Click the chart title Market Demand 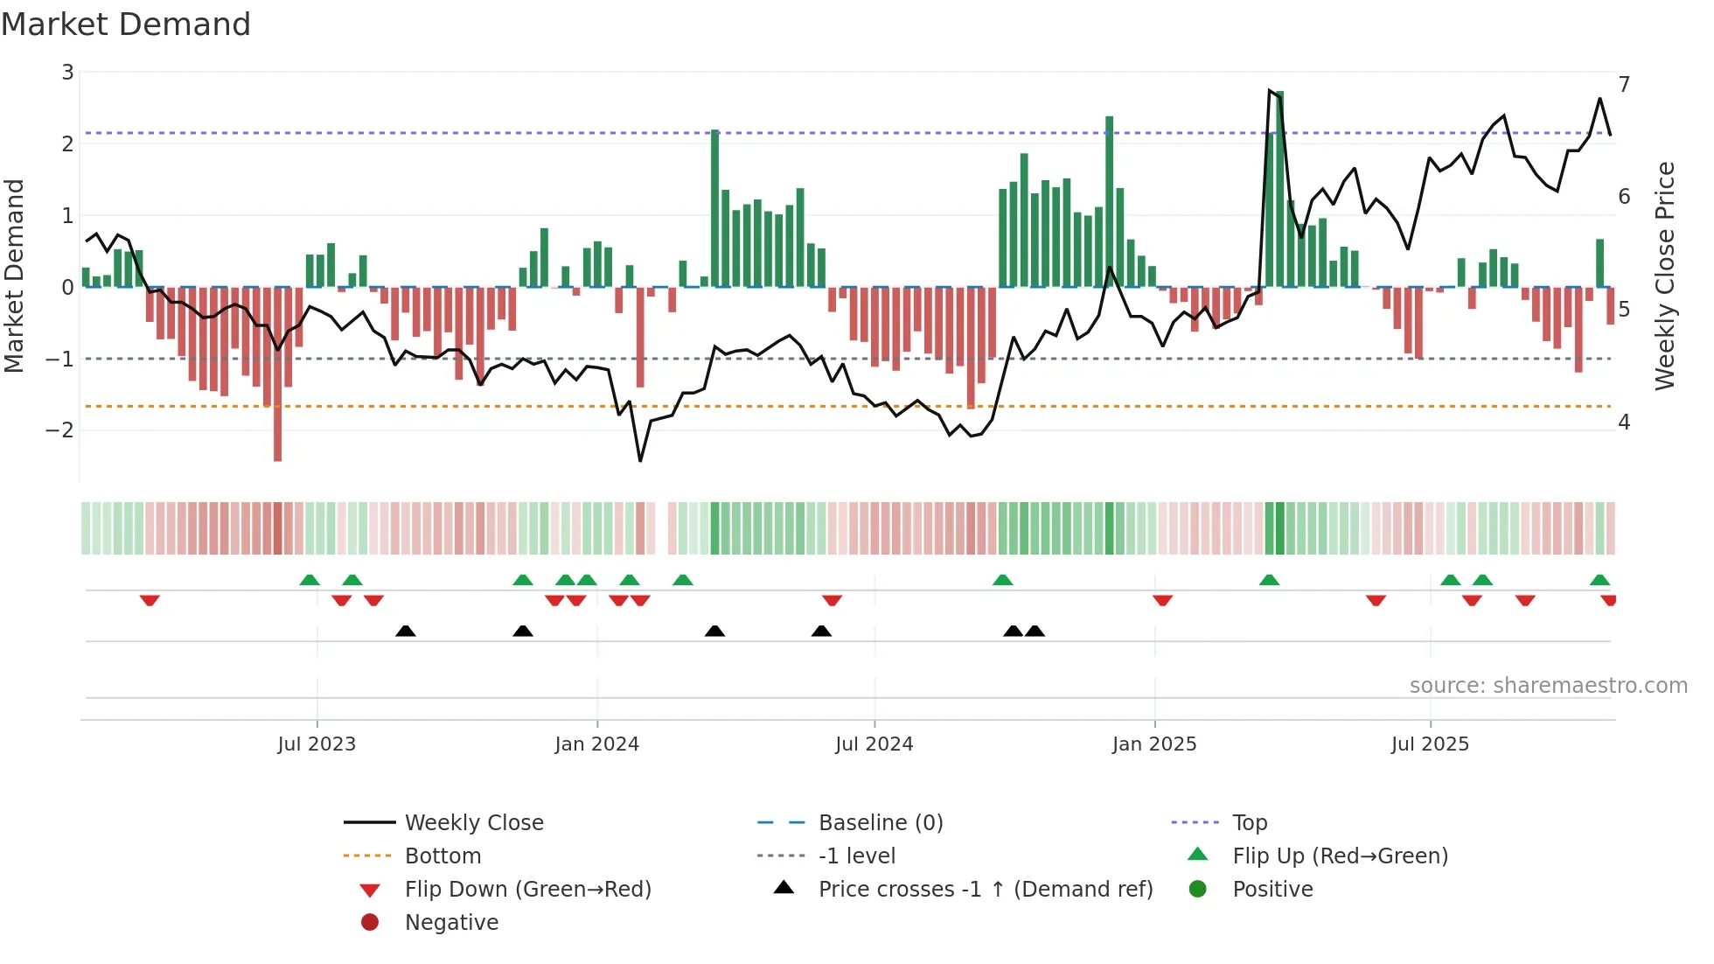(x=126, y=24)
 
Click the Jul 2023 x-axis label (x=317, y=744)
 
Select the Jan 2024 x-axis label (x=596, y=744)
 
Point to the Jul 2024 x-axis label (x=874, y=744)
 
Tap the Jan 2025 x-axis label (x=1153, y=744)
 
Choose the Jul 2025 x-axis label (x=1430, y=744)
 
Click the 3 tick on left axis (x=67, y=73)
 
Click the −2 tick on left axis (x=60, y=430)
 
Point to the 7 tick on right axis (x=1624, y=85)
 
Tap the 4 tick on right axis (x=1624, y=423)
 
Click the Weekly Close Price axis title (x=1665, y=276)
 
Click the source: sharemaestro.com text (x=1548, y=686)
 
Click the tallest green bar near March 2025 (x=1279, y=188)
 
